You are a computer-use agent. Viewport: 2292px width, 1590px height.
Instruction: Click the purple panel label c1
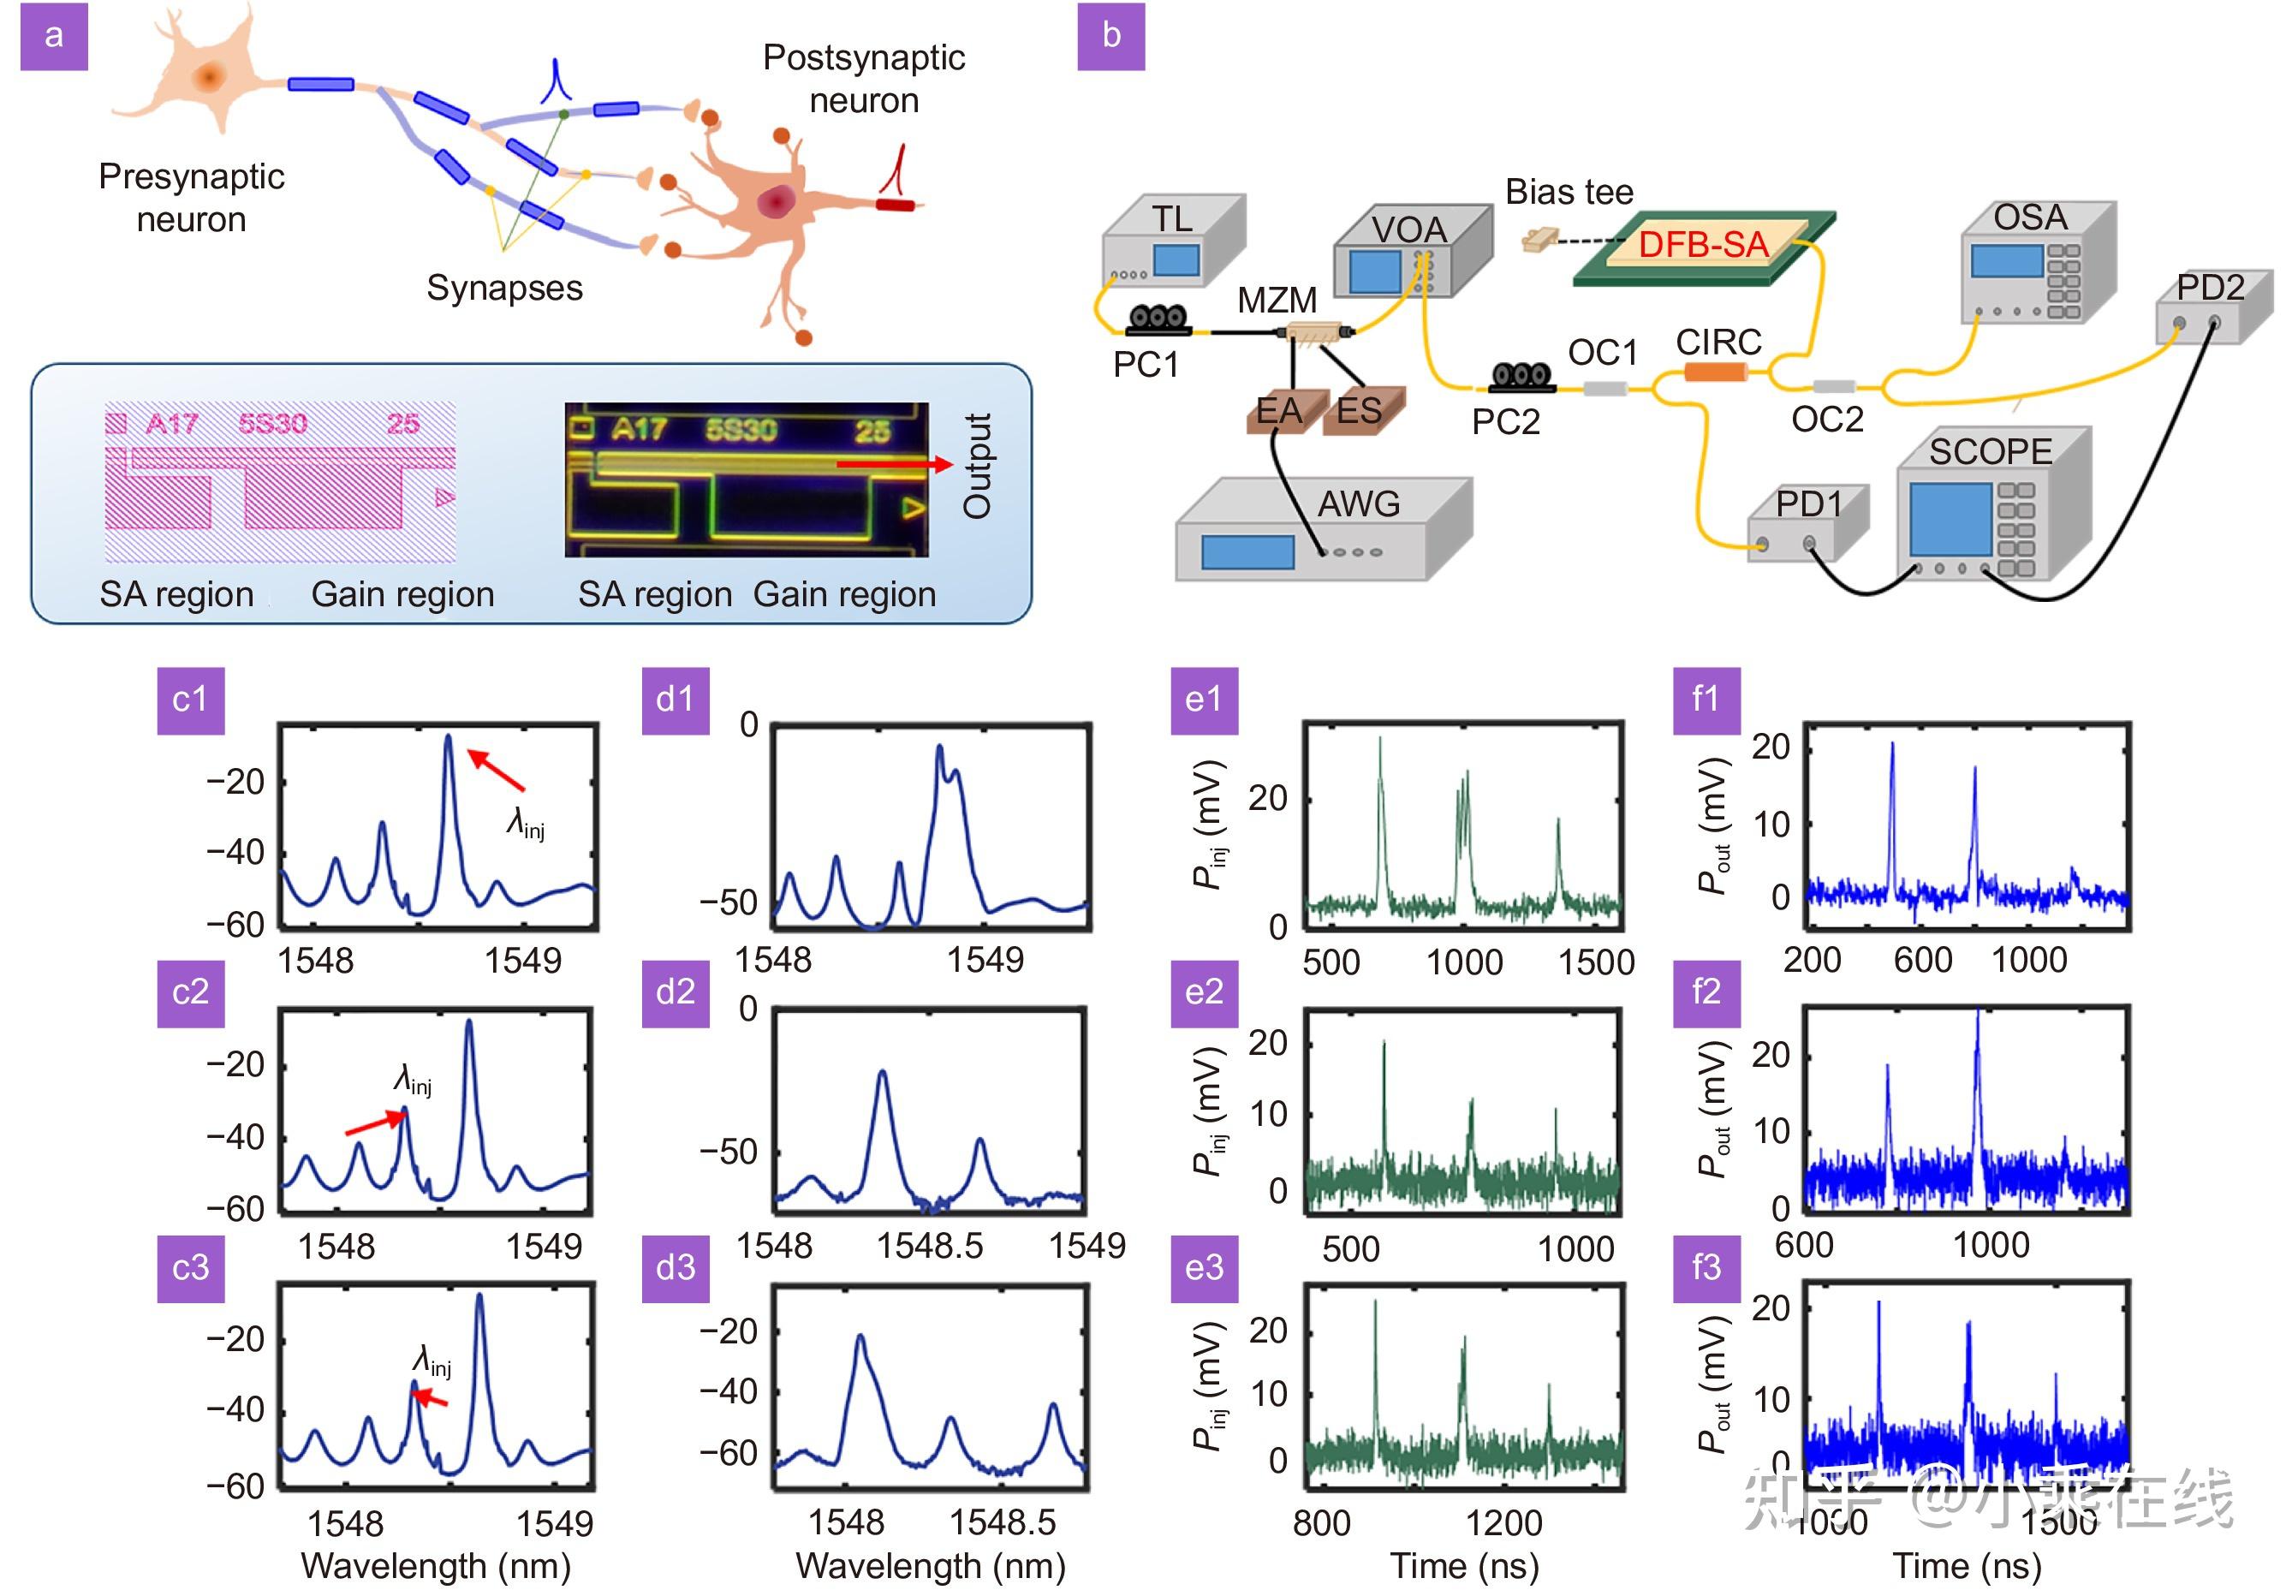190,700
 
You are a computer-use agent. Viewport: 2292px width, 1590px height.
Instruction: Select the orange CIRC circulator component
1715,372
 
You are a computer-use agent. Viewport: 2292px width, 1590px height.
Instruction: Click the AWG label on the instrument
1359,504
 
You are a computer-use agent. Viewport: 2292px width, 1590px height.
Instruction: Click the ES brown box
1360,410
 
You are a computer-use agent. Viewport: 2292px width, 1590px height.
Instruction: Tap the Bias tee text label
1569,191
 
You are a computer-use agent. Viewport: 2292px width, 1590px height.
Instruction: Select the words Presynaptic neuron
191,197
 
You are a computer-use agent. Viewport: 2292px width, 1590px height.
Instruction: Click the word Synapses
504,288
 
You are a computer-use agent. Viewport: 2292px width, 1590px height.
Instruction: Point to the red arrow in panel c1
496,771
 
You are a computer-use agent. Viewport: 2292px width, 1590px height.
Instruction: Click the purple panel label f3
1706,1268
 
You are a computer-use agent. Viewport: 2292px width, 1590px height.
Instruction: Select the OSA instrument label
2029,217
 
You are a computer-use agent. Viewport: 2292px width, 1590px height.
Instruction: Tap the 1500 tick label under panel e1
1596,962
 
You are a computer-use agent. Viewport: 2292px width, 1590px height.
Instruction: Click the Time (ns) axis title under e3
1464,1566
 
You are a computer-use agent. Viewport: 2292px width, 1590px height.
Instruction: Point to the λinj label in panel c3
432,1361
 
